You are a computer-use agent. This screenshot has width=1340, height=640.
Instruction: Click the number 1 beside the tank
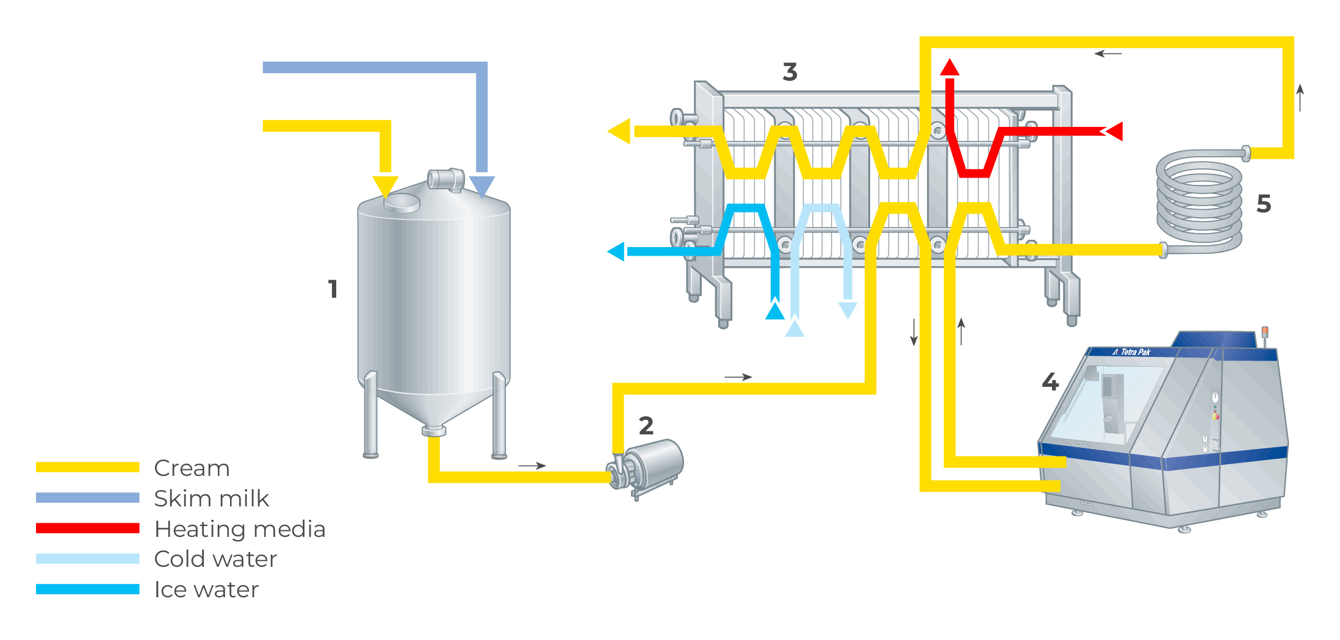click(x=333, y=289)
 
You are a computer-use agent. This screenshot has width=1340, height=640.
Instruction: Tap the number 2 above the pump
click(x=646, y=425)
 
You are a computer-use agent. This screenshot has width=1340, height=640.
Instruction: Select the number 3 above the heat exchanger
click(x=790, y=72)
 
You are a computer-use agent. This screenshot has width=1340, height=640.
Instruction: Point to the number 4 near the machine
click(x=1050, y=382)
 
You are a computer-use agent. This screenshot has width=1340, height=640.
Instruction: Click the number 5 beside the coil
click(x=1264, y=204)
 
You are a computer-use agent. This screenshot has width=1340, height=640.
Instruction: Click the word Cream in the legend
click(x=192, y=468)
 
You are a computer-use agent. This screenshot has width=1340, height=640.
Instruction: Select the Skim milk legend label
click(x=211, y=498)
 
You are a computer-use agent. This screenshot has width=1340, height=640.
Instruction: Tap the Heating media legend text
click(x=240, y=529)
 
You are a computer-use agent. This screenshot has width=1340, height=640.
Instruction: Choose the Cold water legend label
click(x=215, y=559)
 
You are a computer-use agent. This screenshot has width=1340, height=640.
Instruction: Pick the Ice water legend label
click(x=206, y=589)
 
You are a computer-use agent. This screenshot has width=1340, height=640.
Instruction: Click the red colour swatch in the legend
click(x=87, y=528)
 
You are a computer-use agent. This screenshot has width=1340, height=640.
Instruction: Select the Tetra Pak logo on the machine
click(x=1132, y=352)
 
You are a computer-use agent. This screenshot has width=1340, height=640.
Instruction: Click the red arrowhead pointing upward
click(x=949, y=67)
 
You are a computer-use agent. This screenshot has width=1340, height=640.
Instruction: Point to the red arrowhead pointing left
click(x=1115, y=131)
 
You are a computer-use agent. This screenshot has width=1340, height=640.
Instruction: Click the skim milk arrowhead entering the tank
click(x=482, y=186)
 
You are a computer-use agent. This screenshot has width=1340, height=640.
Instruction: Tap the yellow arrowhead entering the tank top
click(x=385, y=185)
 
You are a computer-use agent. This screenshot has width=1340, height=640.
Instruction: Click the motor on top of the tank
click(x=446, y=179)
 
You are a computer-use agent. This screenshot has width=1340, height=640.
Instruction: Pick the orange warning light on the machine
click(x=1265, y=331)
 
